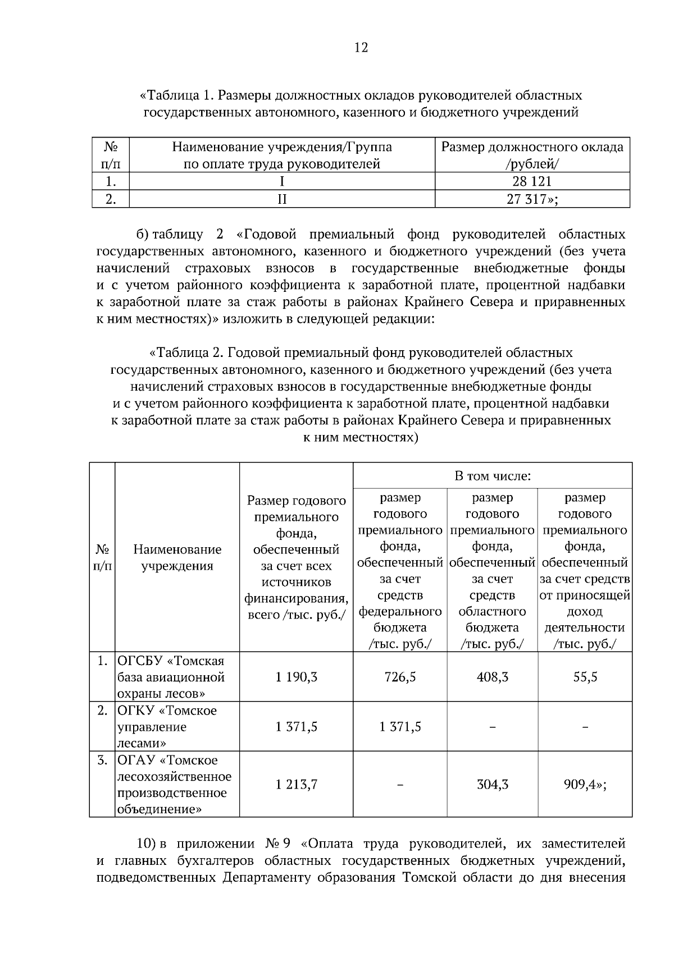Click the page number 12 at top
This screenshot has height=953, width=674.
[x=361, y=48]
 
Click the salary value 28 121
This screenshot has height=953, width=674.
[x=532, y=181]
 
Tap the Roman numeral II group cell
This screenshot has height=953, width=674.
[x=282, y=199]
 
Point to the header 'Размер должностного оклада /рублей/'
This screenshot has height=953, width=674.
[x=532, y=155]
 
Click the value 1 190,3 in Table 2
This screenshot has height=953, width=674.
[x=297, y=677]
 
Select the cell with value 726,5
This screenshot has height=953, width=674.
[x=400, y=677]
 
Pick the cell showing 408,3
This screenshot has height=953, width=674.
[x=492, y=677]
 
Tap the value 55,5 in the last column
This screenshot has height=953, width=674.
[x=585, y=677]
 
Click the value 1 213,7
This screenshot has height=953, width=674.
[x=297, y=784]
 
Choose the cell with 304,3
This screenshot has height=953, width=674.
[x=492, y=784]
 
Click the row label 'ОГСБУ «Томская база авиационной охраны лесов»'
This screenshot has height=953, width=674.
[x=171, y=677]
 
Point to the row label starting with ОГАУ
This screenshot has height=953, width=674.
[x=174, y=784]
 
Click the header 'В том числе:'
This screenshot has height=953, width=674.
[x=492, y=476]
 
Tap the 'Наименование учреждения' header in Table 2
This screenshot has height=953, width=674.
[x=177, y=557]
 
